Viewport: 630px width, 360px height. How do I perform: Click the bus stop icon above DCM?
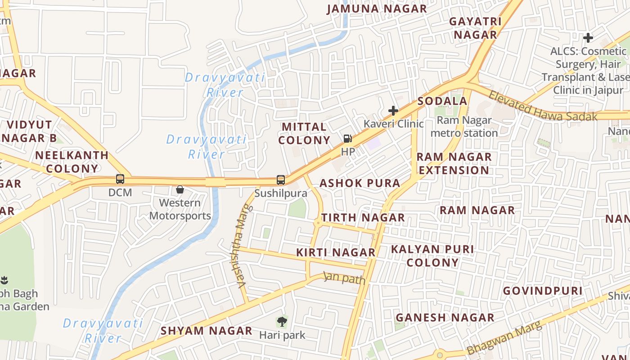click(120, 179)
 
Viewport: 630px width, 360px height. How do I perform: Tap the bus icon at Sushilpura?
click(281, 180)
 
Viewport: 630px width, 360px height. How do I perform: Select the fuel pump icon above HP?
click(347, 139)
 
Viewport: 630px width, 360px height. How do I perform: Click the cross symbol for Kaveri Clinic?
click(393, 111)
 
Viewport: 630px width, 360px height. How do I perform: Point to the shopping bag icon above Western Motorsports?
click(180, 189)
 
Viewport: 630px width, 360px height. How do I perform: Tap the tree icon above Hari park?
click(282, 322)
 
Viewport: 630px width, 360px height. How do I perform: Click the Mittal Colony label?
click(304, 134)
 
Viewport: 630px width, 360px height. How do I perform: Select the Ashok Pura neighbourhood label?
click(360, 183)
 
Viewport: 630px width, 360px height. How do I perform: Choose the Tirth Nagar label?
click(363, 218)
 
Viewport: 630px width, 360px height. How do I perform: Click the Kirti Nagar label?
click(336, 253)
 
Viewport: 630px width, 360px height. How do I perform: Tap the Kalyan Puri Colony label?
click(432, 256)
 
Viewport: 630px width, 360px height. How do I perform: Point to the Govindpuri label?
click(543, 291)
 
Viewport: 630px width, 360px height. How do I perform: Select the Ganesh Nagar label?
click(445, 318)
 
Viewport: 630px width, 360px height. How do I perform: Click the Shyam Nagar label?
click(207, 331)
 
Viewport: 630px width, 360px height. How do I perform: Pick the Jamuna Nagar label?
click(377, 9)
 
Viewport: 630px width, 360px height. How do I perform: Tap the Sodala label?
click(442, 101)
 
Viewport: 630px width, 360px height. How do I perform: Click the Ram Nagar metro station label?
click(464, 127)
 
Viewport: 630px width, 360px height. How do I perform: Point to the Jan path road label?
click(345, 278)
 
